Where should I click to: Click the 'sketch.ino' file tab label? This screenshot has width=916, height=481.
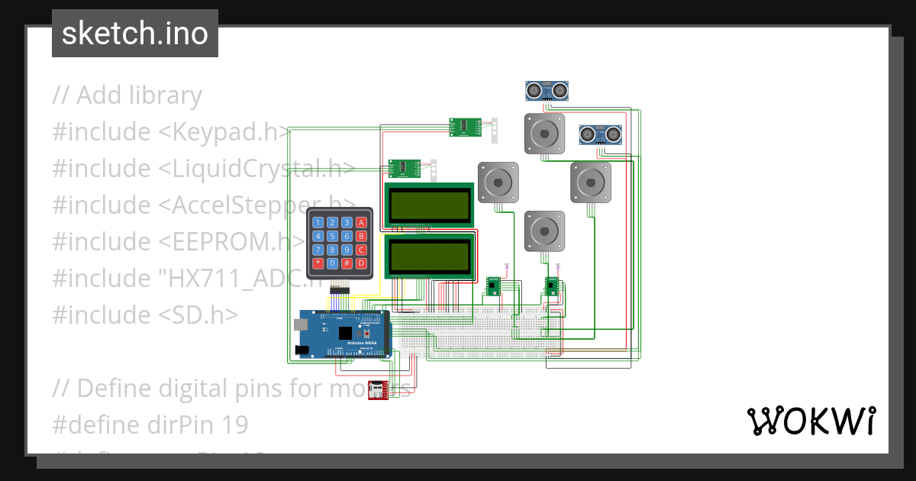(134, 34)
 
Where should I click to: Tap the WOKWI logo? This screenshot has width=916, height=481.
(811, 421)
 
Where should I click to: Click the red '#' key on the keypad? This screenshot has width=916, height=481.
(346, 263)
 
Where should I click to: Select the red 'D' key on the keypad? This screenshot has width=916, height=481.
(361, 263)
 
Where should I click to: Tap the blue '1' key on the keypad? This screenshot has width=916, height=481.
(318, 222)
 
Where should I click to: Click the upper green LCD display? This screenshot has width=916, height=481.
(429, 204)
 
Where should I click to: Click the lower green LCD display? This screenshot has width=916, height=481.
(429, 257)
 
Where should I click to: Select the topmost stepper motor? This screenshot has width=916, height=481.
(543, 134)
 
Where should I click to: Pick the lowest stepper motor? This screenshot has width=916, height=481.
(543, 231)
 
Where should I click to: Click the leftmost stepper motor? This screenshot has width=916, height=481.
(498, 182)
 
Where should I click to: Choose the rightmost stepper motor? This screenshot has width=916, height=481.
(592, 182)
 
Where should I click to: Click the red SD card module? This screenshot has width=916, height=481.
(378, 390)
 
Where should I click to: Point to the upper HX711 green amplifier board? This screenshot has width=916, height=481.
(464, 128)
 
